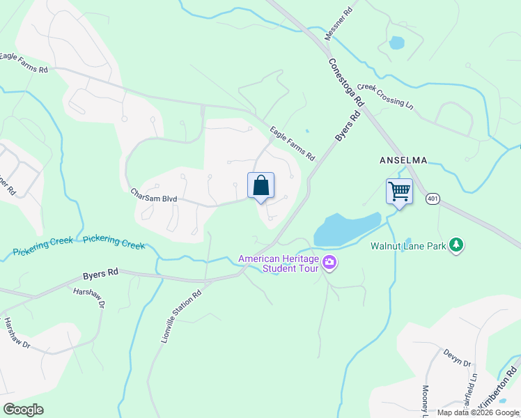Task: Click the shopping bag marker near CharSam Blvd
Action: [x=260, y=186]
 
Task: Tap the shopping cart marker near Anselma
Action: [x=400, y=192]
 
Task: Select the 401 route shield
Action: [x=433, y=199]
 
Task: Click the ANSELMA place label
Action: [x=403, y=160]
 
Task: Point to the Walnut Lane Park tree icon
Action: [x=456, y=245]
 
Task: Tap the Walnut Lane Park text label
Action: [x=408, y=245]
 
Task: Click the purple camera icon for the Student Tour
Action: [x=329, y=263]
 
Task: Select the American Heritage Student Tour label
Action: [x=279, y=263]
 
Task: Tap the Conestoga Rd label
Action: [x=346, y=82]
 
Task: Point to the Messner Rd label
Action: [x=339, y=24]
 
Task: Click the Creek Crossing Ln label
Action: [x=385, y=96]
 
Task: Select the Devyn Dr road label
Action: [x=457, y=359]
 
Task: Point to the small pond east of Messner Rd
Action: [x=396, y=42]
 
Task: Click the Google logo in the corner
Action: [x=23, y=409]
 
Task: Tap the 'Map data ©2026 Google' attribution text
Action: [x=478, y=412]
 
